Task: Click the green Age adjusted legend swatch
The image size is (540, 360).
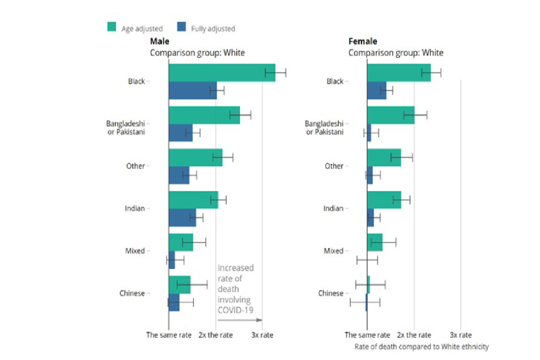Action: [111, 27]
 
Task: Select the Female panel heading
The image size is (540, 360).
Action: [363, 42]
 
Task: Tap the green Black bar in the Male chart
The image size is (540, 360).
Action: [222, 73]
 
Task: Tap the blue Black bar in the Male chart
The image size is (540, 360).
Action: [192, 90]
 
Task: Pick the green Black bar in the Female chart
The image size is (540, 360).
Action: [399, 73]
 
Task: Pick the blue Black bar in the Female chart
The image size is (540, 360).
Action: [377, 90]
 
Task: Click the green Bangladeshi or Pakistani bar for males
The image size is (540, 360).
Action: [204, 115]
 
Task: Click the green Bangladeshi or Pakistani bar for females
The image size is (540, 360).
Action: [391, 115]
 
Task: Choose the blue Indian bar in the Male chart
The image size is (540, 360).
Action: [182, 217]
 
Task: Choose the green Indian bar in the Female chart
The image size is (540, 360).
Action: [384, 200]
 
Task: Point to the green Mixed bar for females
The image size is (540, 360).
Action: [375, 242]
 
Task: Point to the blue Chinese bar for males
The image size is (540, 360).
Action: [174, 302]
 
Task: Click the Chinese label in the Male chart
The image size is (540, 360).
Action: [132, 293]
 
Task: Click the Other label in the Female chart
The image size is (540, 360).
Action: [334, 166]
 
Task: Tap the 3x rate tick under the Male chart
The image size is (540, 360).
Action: [262, 335]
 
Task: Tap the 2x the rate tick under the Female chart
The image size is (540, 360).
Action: [414, 335]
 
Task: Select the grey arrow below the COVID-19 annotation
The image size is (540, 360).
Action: [240, 320]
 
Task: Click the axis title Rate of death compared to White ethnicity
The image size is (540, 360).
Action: [421, 346]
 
